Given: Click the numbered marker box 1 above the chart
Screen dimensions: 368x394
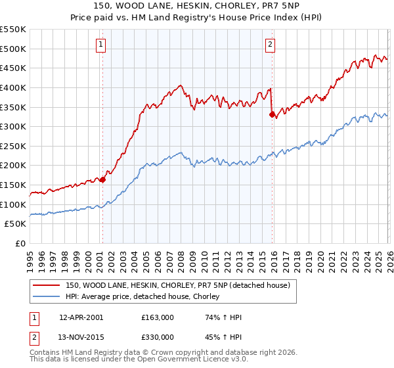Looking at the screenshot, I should [x=102, y=45].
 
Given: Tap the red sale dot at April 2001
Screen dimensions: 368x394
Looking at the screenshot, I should [x=102, y=179].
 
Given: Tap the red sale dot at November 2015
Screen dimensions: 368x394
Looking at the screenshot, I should [x=272, y=114].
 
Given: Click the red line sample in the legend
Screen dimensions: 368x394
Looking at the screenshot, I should [x=47, y=285].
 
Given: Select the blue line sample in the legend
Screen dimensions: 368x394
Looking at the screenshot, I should [x=47, y=297].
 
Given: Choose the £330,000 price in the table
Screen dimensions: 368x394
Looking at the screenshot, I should [x=158, y=336].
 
